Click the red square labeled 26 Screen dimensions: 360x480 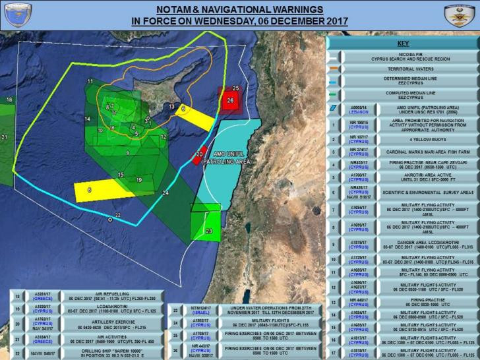(229, 101)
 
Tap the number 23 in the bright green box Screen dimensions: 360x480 (209, 231)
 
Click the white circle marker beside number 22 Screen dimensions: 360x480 (110, 218)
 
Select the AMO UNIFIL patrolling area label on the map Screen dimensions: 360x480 (227, 158)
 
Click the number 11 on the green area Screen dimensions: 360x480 (89, 81)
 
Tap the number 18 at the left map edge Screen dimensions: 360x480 (9, 100)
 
